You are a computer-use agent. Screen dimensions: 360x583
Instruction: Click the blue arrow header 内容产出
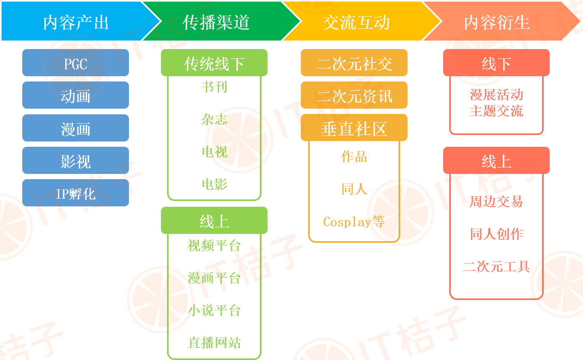tap(76, 22)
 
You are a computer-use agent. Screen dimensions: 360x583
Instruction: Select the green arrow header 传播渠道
tap(216, 22)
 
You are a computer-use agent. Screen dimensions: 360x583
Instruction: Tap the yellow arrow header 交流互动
tap(356, 22)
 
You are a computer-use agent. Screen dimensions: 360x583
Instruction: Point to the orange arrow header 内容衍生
tap(497, 22)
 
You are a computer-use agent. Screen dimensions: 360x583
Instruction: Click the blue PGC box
tap(75, 63)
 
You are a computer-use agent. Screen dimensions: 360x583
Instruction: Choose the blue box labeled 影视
tap(75, 161)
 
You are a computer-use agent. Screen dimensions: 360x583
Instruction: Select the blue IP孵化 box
tap(75, 193)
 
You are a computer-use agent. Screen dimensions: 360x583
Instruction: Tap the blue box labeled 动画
tap(75, 96)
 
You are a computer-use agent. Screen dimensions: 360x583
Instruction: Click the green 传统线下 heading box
tap(214, 63)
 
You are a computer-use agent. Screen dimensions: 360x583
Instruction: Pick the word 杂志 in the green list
tap(214, 119)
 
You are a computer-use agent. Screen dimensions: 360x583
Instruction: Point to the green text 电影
tap(214, 184)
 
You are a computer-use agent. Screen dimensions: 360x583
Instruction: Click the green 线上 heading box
tap(214, 221)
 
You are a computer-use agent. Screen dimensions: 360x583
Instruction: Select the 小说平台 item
tap(214, 311)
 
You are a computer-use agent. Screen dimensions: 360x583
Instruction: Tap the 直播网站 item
tap(214, 343)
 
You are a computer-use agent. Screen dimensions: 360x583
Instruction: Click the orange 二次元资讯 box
tap(354, 96)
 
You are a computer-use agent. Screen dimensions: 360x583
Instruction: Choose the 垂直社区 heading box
tap(354, 128)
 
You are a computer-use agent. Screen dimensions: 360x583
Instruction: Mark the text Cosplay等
tap(354, 222)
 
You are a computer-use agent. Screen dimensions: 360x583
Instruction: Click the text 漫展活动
tap(496, 95)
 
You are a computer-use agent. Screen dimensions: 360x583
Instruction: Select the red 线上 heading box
tap(496, 161)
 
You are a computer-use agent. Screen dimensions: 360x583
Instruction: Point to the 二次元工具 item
tap(496, 266)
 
